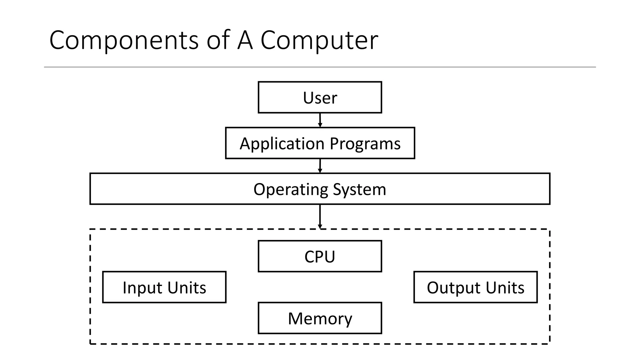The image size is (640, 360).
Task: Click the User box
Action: click(320, 97)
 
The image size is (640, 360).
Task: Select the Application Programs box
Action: click(320, 143)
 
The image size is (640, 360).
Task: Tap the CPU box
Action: click(320, 256)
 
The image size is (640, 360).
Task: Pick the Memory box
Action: click(320, 318)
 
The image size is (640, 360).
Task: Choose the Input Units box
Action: click(164, 287)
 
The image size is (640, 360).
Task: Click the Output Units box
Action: click(475, 287)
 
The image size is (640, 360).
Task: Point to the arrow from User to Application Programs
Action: click(320, 120)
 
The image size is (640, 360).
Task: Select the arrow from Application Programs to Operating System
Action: click(320, 166)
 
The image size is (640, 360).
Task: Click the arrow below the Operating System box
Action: click(320, 217)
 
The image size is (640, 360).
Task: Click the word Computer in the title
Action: click(319, 41)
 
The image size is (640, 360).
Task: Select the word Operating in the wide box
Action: click(290, 190)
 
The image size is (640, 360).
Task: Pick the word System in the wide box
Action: click(359, 190)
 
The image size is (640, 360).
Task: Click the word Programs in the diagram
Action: click(365, 144)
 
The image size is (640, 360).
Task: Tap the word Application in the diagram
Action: click(282, 144)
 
